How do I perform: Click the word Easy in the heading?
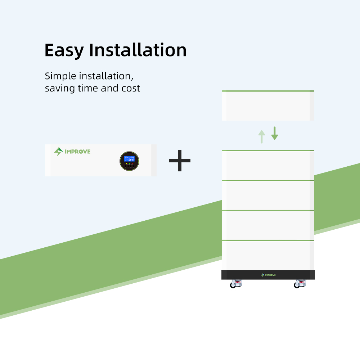[64, 50]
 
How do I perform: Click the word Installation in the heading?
[138, 50]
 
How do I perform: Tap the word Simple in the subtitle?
[60, 76]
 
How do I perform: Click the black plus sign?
[180, 161]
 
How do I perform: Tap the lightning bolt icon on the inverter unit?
[59, 152]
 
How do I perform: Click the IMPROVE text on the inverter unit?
[78, 152]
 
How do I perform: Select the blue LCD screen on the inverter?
[129, 158]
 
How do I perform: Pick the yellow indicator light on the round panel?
[127, 163]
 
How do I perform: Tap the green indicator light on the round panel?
[129, 163]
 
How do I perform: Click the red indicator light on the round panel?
[132, 163]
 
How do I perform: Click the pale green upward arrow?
[262, 137]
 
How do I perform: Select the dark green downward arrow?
[275, 133]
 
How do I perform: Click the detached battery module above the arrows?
[268, 105]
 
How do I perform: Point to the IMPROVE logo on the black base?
[268, 275]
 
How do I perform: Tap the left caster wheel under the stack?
[236, 284]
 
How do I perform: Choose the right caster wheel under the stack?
[300, 284]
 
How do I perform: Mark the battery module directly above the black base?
[268, 255]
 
